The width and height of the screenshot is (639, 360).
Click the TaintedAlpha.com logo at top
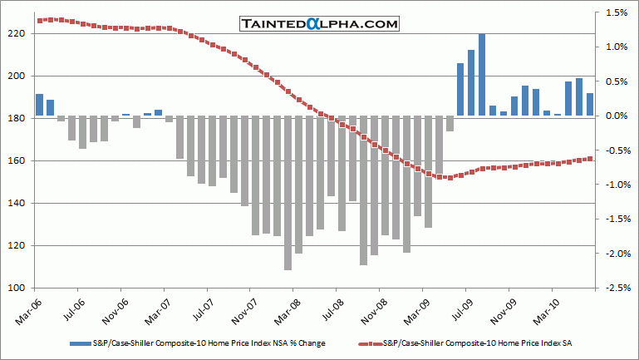(x=319, y=24)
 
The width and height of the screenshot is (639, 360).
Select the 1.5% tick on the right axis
(x=617, y=12)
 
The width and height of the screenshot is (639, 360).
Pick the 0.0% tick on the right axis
(x=617, y=116)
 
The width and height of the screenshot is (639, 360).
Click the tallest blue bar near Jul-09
(x=482, y=75)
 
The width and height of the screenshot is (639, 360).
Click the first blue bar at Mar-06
(x=39, y=105)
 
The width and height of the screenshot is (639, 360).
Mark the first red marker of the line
(x=40, y=20)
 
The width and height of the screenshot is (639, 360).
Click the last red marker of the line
(x=590, y=158)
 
